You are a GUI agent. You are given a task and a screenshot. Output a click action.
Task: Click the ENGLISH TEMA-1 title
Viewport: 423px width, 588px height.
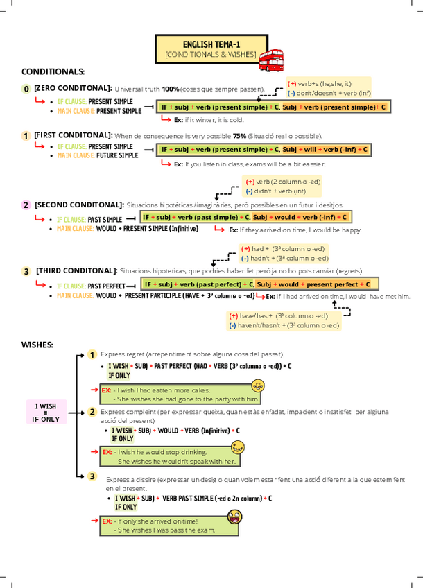(211, 44)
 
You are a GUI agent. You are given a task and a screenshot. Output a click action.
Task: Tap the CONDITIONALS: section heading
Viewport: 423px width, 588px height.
(53, 71)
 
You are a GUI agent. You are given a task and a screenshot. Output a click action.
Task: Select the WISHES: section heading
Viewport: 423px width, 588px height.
(37, 344)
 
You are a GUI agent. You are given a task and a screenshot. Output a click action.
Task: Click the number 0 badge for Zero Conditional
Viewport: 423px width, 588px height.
(26, 89)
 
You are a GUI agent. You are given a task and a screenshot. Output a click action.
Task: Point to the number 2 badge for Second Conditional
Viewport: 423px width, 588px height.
(26, 205)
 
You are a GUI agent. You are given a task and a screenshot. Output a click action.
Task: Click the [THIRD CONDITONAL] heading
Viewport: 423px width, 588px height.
(76, 270)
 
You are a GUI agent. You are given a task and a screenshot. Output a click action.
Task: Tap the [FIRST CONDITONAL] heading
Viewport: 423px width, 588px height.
(73, 135)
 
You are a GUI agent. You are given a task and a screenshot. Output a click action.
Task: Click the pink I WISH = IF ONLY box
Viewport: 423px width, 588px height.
(46, 412)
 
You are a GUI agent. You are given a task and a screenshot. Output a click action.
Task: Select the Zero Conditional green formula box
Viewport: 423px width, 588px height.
(272, 107)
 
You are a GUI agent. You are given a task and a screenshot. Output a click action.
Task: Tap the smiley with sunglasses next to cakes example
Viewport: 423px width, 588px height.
(258, 386)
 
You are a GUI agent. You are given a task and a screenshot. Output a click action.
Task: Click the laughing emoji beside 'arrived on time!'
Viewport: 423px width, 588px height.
(234, 517)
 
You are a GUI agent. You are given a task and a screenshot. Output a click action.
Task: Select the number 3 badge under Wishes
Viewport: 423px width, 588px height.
(92, 476)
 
